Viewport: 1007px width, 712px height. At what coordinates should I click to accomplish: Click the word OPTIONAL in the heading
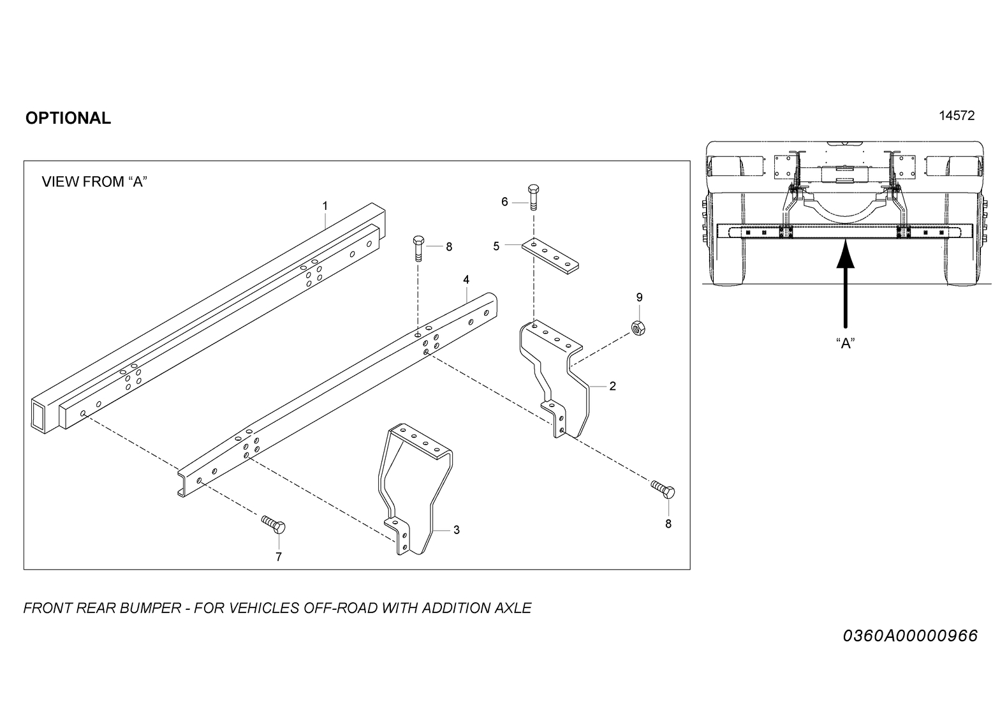coord(68,118)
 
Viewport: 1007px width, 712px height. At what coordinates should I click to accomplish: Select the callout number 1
coord(325,205)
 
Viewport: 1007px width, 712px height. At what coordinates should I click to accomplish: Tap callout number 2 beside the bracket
coord(612,386)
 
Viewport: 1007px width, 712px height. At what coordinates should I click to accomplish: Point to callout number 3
coord(456,530)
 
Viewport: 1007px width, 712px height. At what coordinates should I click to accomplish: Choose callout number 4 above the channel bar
coord(466,279)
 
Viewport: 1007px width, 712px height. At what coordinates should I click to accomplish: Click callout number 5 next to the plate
coord(496,246)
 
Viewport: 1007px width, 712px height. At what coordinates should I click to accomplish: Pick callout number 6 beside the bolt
coord(504,202)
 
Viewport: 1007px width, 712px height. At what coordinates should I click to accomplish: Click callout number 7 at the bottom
coord(278,557)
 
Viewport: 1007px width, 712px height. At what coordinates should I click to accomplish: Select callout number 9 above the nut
coord(639,297)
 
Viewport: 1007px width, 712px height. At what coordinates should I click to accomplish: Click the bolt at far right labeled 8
coord(663,489)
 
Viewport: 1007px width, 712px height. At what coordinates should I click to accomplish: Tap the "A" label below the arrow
coord(845,343)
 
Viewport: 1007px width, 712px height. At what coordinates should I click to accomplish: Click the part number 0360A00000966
coord(909,636)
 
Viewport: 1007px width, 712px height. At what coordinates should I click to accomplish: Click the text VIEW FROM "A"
coord(94,182)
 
